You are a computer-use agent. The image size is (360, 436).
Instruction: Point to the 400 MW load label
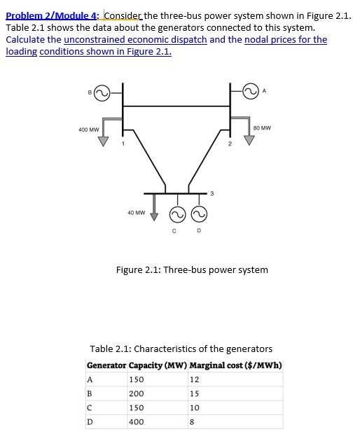(88, 129)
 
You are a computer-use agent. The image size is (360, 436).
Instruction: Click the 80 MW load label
(263, 128)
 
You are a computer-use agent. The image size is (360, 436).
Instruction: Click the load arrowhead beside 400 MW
(104, 142)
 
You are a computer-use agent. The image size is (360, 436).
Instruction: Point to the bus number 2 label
(229, 144)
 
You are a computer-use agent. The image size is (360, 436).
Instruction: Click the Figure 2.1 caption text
(191, 269)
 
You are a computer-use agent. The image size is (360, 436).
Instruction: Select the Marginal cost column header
(235, 365)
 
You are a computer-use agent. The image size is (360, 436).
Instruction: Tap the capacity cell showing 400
(136, 421)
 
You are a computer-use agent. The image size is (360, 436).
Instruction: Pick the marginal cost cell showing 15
(194, 393)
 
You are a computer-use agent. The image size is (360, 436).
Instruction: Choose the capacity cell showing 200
(136, 393)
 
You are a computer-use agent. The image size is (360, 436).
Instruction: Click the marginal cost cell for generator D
(192, 421)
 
